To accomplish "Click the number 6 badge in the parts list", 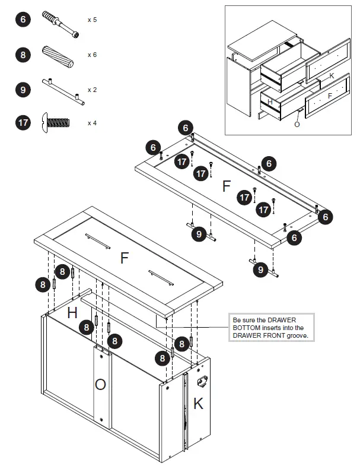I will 23,20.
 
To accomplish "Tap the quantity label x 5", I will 92,20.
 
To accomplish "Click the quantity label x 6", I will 92,55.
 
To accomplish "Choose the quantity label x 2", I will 92,90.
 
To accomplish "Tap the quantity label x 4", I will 92,123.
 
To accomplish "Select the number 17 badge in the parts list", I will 23,123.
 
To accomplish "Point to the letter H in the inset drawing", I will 270,102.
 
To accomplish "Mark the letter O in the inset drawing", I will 297,124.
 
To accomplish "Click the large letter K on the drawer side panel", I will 198,404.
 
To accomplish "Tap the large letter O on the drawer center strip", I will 101,385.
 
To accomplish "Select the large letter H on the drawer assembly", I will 71,313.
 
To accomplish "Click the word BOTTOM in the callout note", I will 247,328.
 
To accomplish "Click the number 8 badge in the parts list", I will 23,55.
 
